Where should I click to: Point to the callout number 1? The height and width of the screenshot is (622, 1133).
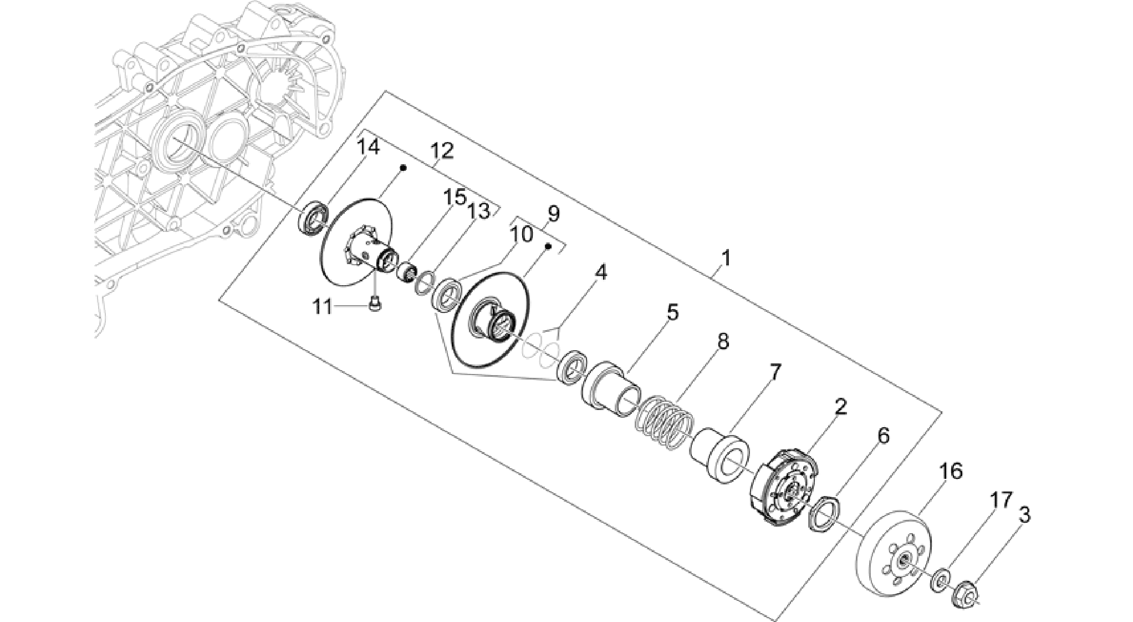coord(726,258)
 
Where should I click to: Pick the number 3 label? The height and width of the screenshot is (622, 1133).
coord(1024,515)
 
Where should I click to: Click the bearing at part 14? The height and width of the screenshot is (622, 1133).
coord(314,220)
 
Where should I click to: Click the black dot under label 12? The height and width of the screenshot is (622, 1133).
coord(404,167)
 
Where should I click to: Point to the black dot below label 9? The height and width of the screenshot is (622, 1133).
coord(547,246)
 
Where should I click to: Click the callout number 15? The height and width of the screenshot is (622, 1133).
coord(455,198)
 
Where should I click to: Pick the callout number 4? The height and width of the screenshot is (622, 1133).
coord(600,272)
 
